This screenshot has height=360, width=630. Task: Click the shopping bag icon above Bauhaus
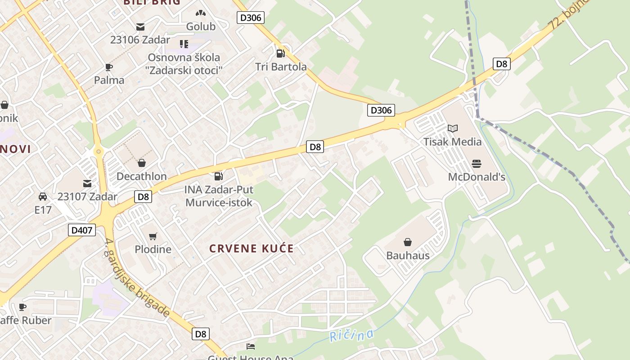click(408, 243)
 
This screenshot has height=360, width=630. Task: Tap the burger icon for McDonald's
click(477, 163)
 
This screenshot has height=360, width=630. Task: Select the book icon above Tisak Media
click(453, 129)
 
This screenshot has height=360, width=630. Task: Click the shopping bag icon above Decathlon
click(142, 163)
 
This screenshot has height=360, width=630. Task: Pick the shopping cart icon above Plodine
click(153, 236)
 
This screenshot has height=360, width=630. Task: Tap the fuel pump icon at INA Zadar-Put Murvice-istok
click(219, 176)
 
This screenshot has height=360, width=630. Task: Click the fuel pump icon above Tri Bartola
click(281, 54)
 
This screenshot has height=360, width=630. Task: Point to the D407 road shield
click(82, 230)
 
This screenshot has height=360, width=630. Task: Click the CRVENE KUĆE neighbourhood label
click(252, 248)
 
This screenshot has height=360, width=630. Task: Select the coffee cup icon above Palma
click(109, 67)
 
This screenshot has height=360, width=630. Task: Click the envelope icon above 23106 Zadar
click(140, 27)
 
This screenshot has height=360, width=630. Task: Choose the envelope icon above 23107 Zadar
click(87, 184)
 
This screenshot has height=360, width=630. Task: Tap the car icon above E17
click(43, 197)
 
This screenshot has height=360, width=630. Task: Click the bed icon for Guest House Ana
click(251, 346)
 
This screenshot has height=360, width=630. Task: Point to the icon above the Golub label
click(201, 14)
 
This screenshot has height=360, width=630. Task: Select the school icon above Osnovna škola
click(184, 44)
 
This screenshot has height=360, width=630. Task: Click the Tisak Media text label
click(452, 142)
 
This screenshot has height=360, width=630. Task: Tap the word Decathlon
click(142, 176)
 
